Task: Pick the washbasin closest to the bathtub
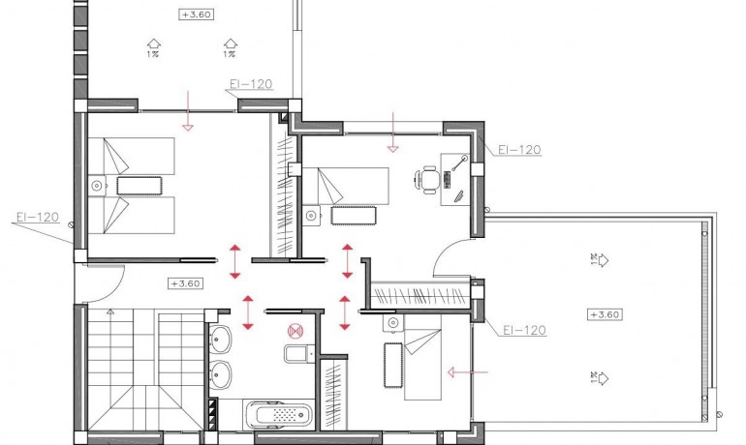click(x=221, y=373)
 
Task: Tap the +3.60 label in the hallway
click(x=185, y=283)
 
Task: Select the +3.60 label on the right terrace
click(x=604, y=313)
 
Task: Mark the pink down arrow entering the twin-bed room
click(x=188, y=111)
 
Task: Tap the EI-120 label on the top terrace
click(x=250, y=84)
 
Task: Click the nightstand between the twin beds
click(x=96, y=184)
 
